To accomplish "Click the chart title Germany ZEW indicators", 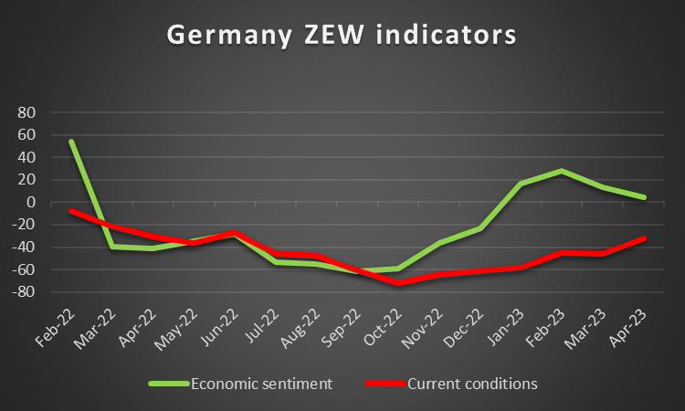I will [342, 36].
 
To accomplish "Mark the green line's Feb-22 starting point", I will [71, 142].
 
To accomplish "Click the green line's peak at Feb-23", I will [562, 171].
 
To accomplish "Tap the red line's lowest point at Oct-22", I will [398, 283].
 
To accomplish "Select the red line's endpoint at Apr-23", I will [644, 238].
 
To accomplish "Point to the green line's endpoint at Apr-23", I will [644, 197].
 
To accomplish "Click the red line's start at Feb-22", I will [71, 211].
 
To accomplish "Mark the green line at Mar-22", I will [112, 247].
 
